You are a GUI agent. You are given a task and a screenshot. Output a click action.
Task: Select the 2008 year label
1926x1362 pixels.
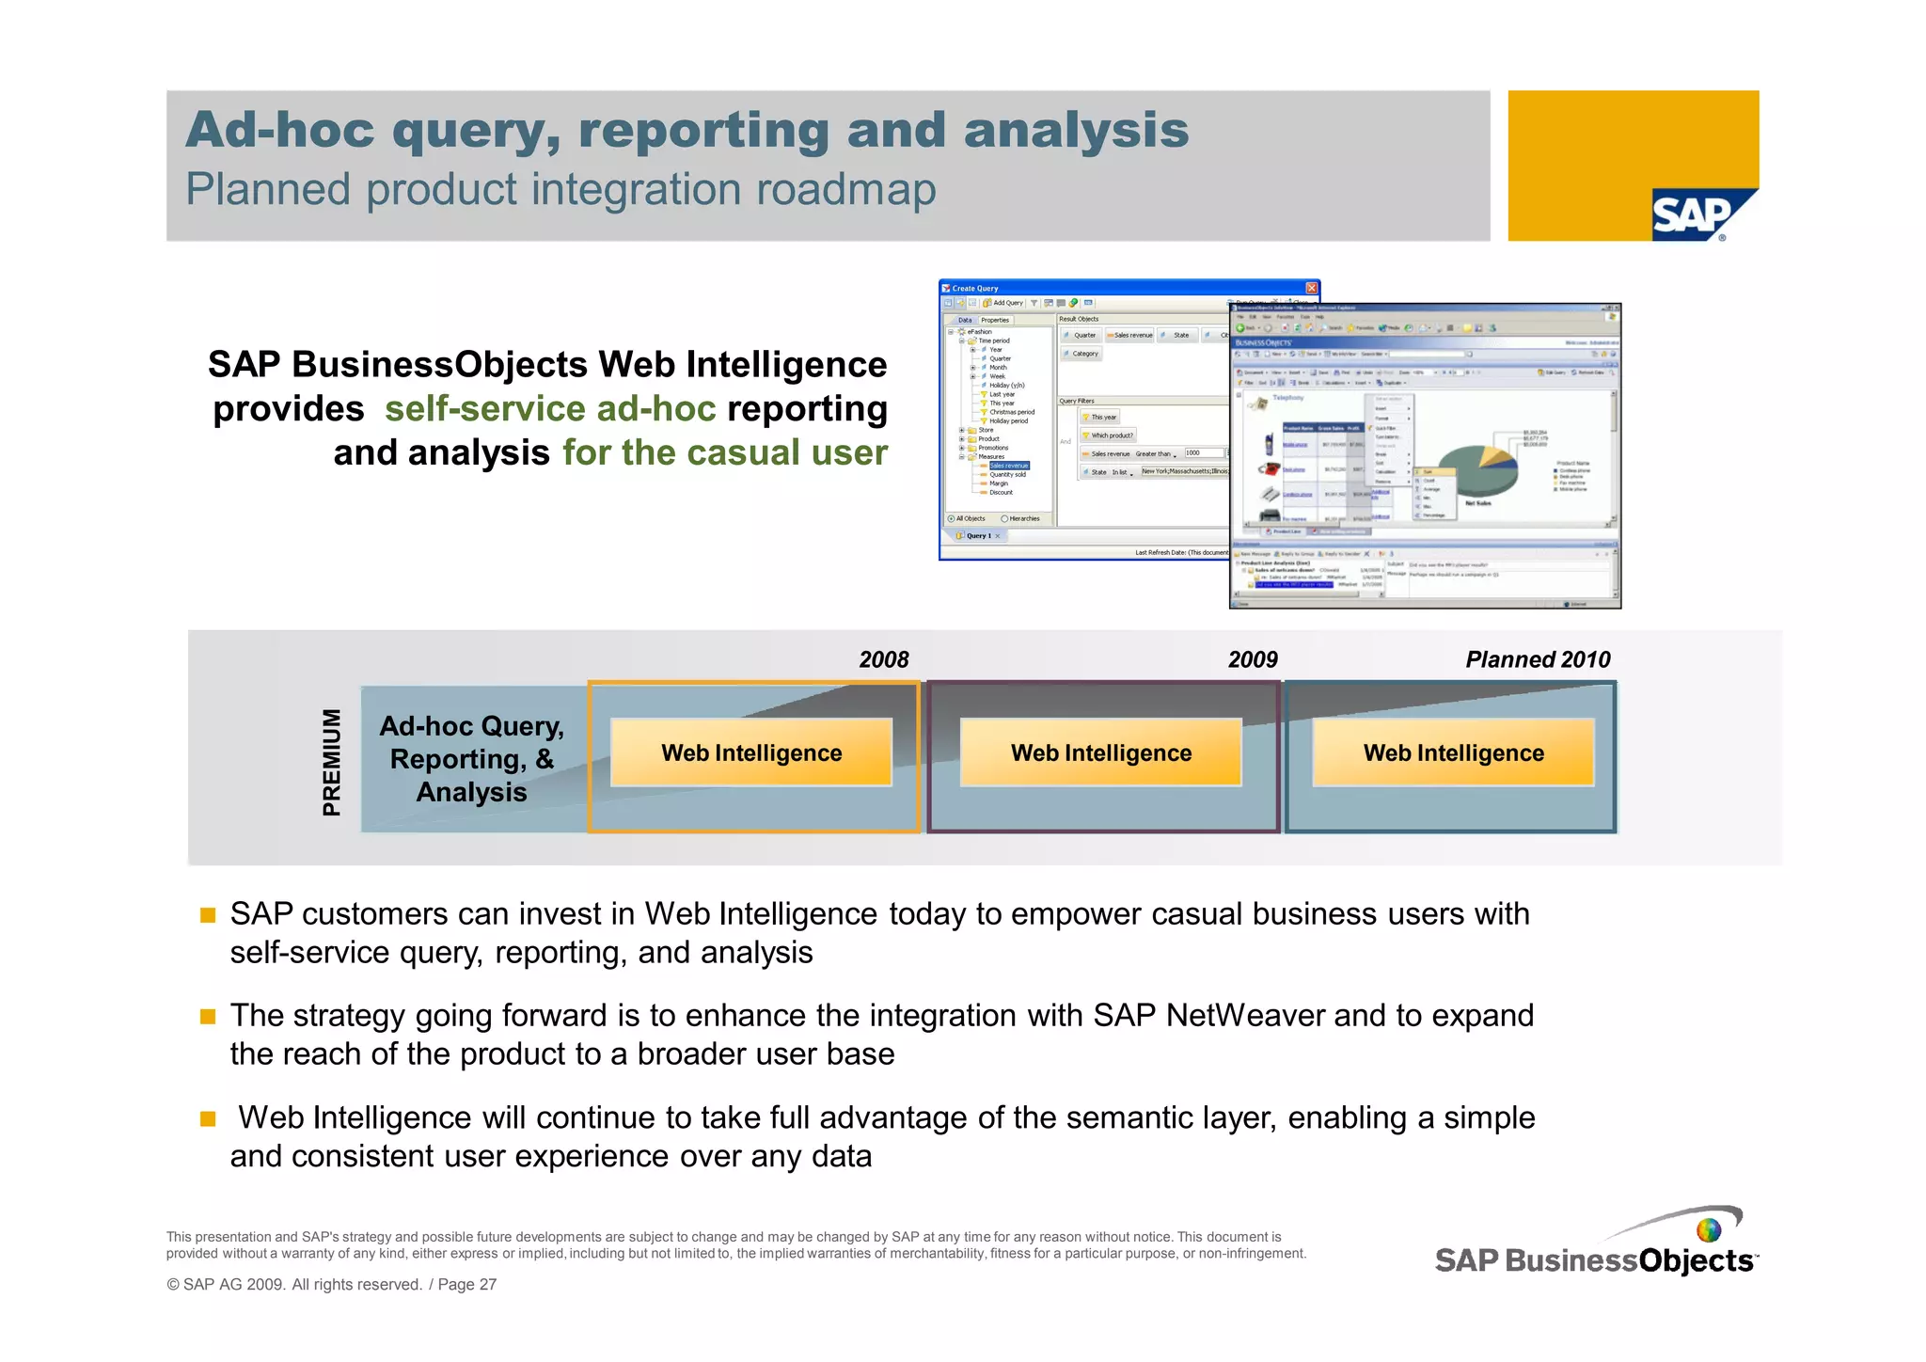[x=883, y=659]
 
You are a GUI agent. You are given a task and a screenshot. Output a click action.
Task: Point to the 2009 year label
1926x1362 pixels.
[x=1252, y=659]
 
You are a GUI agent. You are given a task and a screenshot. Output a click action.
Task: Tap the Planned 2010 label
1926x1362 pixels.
[x=1537, y=659]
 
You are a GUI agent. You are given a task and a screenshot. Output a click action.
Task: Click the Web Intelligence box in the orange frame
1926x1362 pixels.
[x=750, y=752]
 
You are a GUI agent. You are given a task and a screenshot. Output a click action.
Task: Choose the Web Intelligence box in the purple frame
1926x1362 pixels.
[x=1100, y=752]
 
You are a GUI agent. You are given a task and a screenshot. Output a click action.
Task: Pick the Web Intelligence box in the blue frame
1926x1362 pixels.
[x=1453, y=752]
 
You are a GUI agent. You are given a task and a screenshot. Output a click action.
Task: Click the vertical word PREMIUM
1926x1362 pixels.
[x=331, y=761]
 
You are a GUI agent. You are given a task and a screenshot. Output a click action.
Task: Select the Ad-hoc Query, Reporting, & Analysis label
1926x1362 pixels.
[x=471, y=758]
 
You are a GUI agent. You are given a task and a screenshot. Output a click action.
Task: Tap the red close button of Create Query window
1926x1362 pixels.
[x=1311, y=288]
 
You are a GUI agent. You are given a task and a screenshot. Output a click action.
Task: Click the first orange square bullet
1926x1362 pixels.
[x=208, y=915]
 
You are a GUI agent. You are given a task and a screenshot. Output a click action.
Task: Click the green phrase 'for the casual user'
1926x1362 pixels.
[x=724, y=452]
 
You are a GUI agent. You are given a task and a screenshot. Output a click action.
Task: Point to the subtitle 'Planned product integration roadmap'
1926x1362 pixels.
[x=560, y=189]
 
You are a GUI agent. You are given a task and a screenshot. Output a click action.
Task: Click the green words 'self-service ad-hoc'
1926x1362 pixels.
[x=550, y=409]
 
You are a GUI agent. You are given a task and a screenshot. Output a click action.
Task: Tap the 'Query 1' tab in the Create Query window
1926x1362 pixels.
[x=977, y=536]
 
